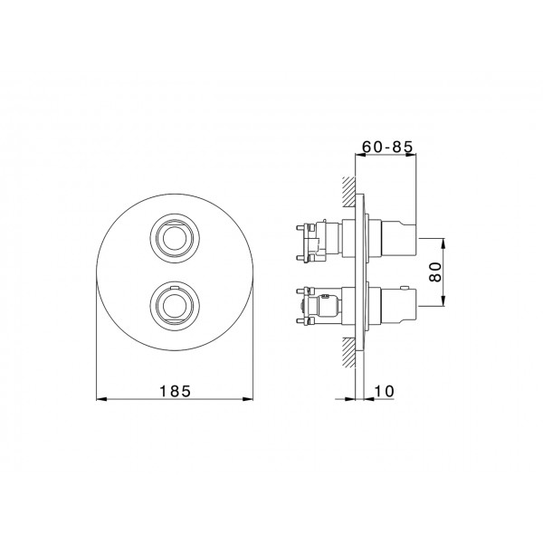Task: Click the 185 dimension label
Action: pos(175,391)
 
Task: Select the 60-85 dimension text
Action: pos(387,147)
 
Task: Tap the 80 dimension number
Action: pos(435,271)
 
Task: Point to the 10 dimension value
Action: pos(385,391)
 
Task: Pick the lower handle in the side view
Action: pos(398,306)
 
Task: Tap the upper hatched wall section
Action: pos(348,192)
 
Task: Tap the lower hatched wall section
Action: pos(348,353)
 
